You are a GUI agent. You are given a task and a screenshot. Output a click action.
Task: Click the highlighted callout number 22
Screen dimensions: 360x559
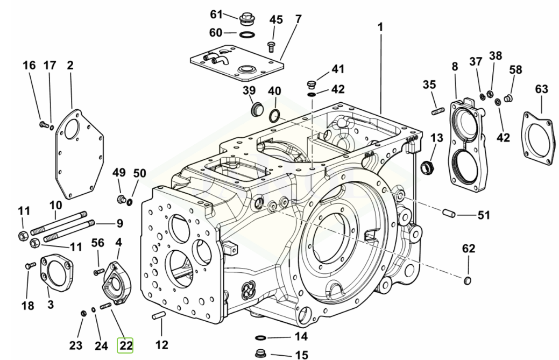[x=125, y=345]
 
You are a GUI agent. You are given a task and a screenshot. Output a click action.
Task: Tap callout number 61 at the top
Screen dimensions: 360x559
[x=216, y=13]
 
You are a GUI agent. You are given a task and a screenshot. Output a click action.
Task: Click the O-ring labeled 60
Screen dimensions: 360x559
[x=246, y=36]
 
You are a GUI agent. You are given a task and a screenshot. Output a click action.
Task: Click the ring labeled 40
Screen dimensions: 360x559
[x=274, y=115]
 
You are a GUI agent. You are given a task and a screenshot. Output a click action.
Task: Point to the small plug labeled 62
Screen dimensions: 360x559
[x=468, y=279]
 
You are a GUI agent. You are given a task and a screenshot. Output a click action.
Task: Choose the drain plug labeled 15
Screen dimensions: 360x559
[x=263, y=354]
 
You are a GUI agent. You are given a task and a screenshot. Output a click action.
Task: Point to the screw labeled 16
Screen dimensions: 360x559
[x=44, y=125]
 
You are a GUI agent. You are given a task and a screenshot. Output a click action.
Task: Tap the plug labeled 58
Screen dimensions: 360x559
[x=511, y=98]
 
